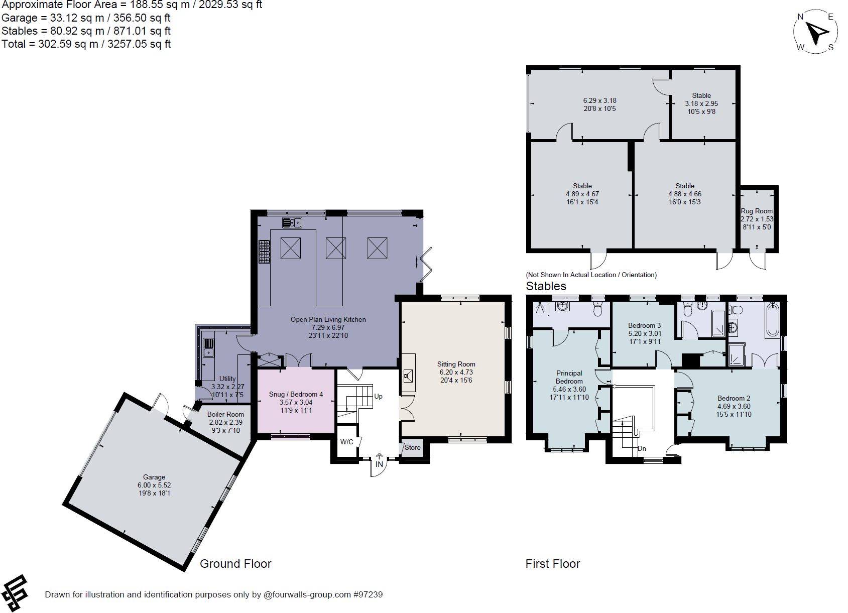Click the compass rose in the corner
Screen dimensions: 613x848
pos(815,32)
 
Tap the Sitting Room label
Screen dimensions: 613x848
pos(456,364)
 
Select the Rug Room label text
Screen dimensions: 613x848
pos(757,211)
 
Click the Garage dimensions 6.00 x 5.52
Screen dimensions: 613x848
pos(154,485)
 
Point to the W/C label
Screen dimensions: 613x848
pos(346,442)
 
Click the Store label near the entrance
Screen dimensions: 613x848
pos(412,447)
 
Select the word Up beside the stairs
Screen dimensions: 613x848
pos(378,396)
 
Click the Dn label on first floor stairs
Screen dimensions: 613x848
pos(642,448)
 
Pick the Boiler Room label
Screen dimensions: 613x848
pos(225,414)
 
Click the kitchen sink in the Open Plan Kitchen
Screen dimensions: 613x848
pos(292,222)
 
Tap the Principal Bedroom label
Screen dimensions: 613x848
pos(569,377)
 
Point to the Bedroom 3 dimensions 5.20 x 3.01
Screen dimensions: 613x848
pos(645,333)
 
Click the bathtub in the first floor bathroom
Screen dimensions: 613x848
pos(772,320)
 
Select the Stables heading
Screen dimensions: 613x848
pos(546,286)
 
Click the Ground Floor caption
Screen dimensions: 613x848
pos(235,564)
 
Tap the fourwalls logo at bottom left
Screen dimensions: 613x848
pos(15,593)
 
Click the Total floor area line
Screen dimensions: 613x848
pos(86,44)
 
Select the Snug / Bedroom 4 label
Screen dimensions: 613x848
pos(296,394)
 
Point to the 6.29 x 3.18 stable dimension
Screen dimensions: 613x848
pos(599,100)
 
